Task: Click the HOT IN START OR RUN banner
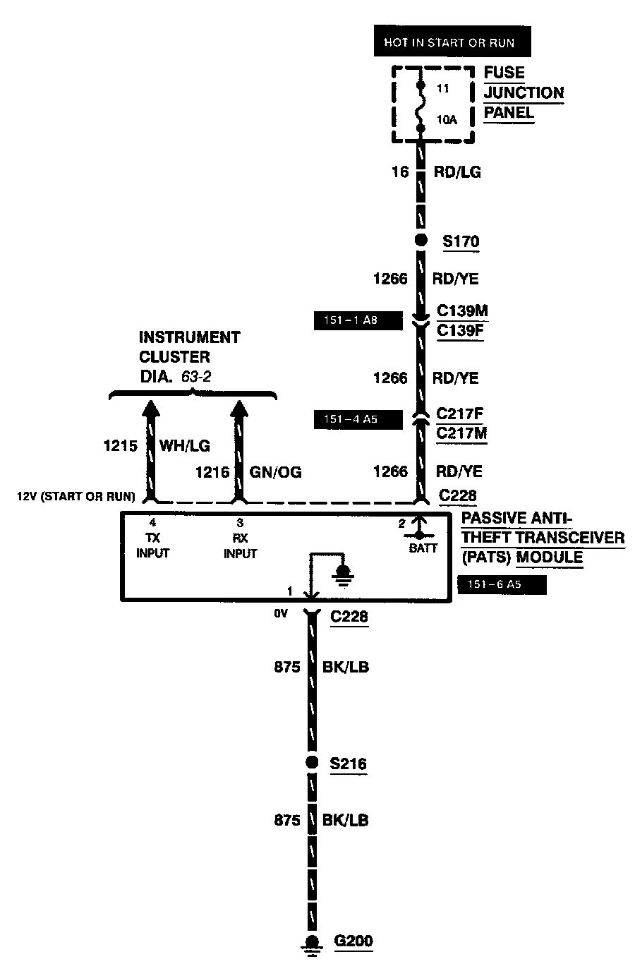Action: point(449,43)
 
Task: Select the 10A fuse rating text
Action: point(447,120)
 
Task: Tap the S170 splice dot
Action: point(421,241)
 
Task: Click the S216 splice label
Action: point(349,764)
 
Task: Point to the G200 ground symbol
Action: point(310,943)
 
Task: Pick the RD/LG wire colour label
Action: point(457,172)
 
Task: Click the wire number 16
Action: point(400,171)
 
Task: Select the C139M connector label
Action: point(462,311)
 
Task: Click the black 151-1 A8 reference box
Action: point(357,321)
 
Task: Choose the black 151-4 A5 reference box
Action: point(357,420)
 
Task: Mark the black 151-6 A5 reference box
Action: point(501,584)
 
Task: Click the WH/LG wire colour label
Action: point(185,446)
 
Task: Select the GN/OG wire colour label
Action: point(276,472)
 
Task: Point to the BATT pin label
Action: point(423,548)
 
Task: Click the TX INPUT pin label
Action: point(153,546)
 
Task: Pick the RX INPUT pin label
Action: point(240,546)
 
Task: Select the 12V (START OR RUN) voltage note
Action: point(76,497)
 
